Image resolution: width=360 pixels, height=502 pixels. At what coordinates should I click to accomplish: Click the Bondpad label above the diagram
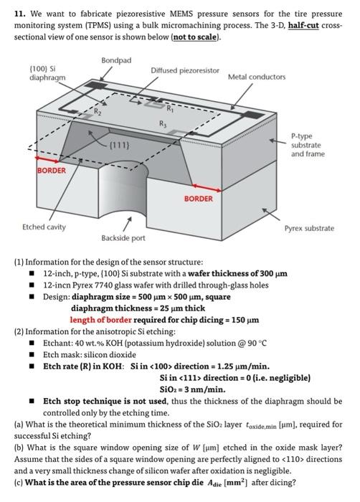(115, 60)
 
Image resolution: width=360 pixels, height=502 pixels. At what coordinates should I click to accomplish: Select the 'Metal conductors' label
(256, 76)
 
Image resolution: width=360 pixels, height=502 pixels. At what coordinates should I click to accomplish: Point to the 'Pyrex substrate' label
(309, 228)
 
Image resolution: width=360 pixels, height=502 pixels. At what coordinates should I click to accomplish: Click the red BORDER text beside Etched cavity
(51, 171)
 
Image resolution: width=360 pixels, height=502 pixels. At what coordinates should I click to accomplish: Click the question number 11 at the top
(21, 12)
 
